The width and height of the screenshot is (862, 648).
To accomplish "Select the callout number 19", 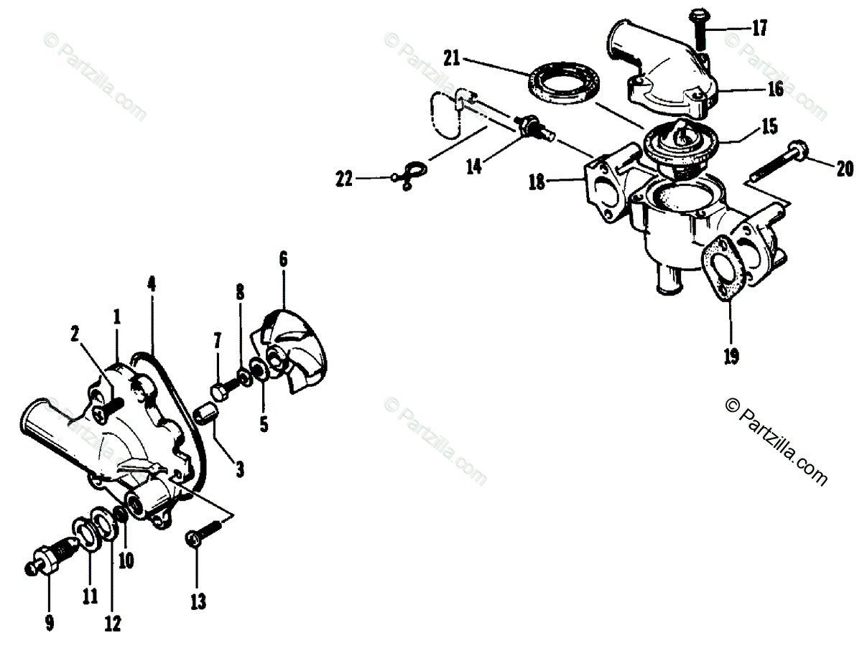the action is (731, 355).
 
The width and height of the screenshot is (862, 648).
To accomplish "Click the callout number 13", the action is (198, 601).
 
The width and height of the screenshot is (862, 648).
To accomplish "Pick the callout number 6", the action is (283, 259).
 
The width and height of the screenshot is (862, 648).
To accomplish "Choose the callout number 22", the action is (345, 179).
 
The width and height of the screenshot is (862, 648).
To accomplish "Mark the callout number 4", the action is (151, 283).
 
